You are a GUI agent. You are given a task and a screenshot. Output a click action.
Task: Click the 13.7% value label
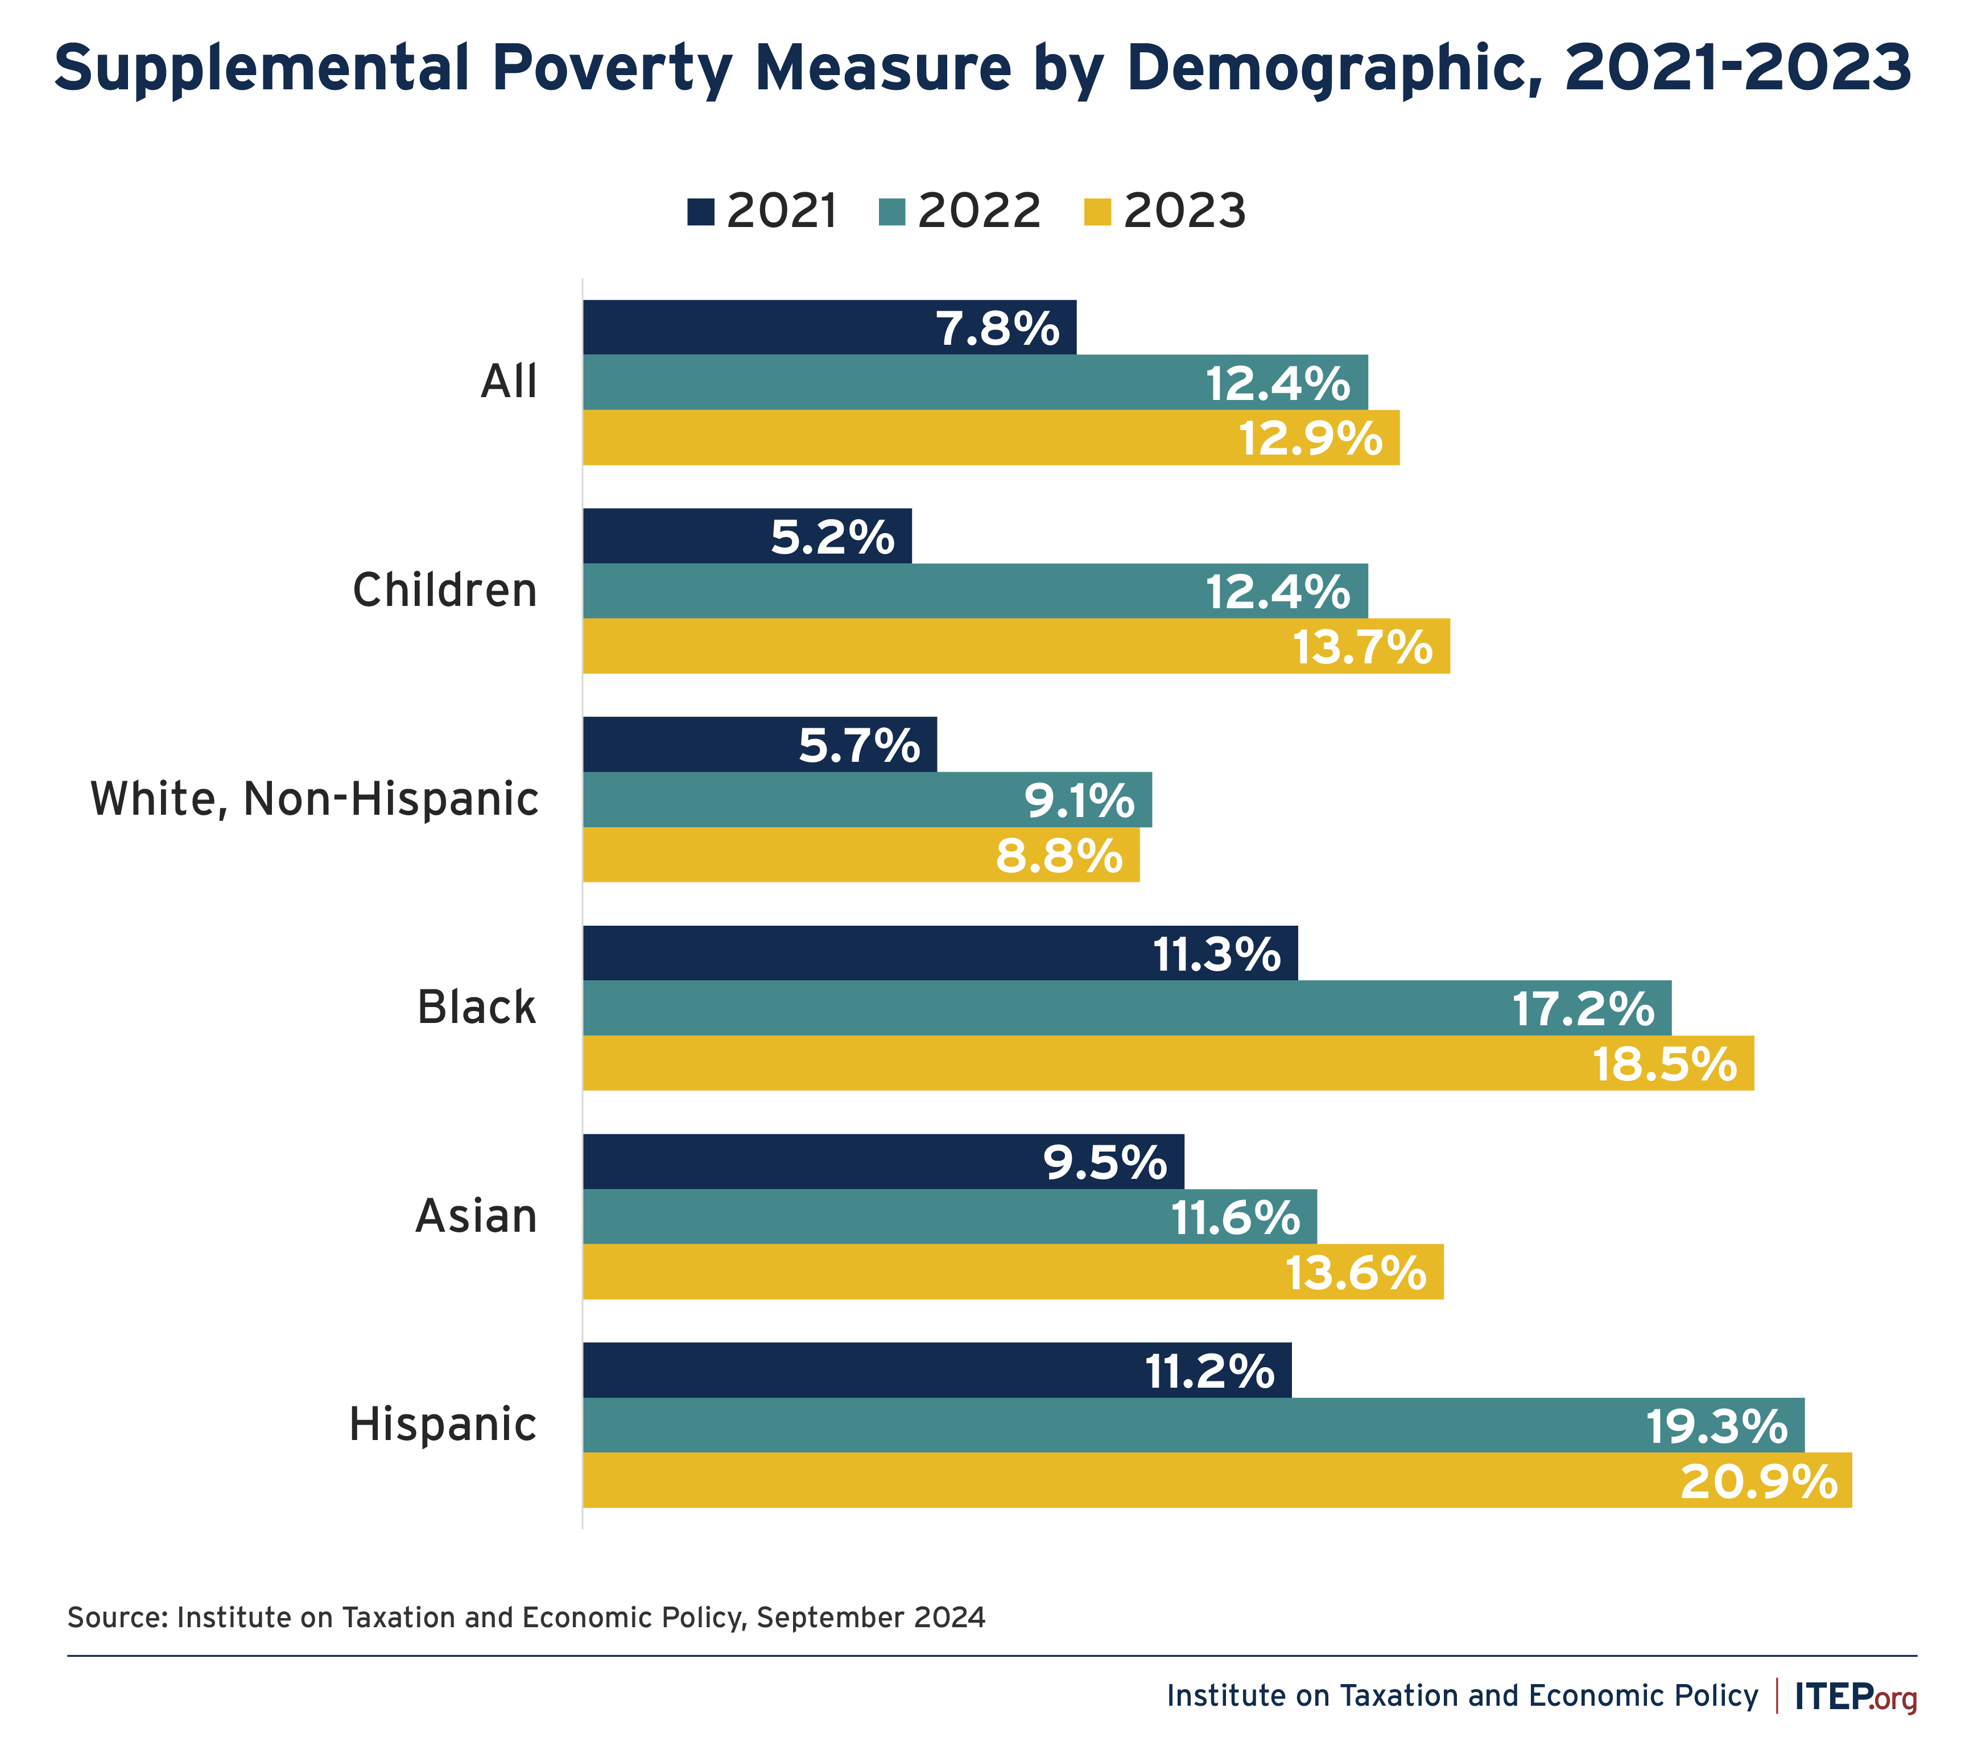(1362, 647)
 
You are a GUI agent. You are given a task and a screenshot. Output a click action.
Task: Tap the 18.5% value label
(1665, 1064)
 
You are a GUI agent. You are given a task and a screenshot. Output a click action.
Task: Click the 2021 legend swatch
(700, 212)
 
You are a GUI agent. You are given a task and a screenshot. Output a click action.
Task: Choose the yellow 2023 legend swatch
(1097, 212)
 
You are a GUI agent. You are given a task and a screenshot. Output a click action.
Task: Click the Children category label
(444, 591)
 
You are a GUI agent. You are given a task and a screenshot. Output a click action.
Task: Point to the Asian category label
(476, 1216)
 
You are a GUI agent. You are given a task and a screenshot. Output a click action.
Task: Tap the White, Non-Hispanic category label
(314, 799)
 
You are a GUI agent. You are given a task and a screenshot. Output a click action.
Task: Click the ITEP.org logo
(1855, 1696)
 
